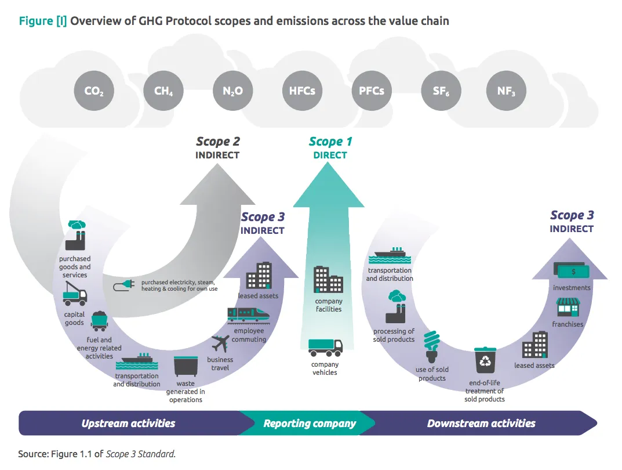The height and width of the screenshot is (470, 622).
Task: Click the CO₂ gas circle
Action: pyautogui.click(x=94, y=91)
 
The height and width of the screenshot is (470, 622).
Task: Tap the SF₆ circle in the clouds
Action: pyautogui.click(x=441, y=91)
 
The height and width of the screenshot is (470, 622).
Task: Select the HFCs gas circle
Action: pyautogui.click(x=302, y=91)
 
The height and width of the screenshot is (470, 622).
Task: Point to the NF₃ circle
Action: pyautogui.click(x=505, y=91)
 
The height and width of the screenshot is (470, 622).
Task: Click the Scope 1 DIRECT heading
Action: pyautogui.click(x=330, y=147)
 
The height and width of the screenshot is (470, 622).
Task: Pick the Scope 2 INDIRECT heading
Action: pyautogui.click(x=217, y=147)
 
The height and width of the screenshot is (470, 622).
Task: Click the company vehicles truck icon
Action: pyautogui.click(x=325, y=348)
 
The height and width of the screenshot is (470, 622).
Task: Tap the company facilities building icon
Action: pyautogui.click(x=329, y=280)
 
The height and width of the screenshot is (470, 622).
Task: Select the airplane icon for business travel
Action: pyautogui.click(x=220, y=344)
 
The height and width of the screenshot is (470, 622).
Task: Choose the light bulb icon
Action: pyautogui.click(x=431, y=346)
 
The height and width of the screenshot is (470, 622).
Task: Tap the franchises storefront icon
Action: pyautogui.click(x=568, y=308)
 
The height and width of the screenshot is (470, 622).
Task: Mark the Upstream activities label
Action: pyautogui.click(x=128, y=423)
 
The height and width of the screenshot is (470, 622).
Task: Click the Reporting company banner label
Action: pyautogui.click(x=310, y=423)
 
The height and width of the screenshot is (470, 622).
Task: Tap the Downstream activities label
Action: pyautogui.click(x=481, y=423)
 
